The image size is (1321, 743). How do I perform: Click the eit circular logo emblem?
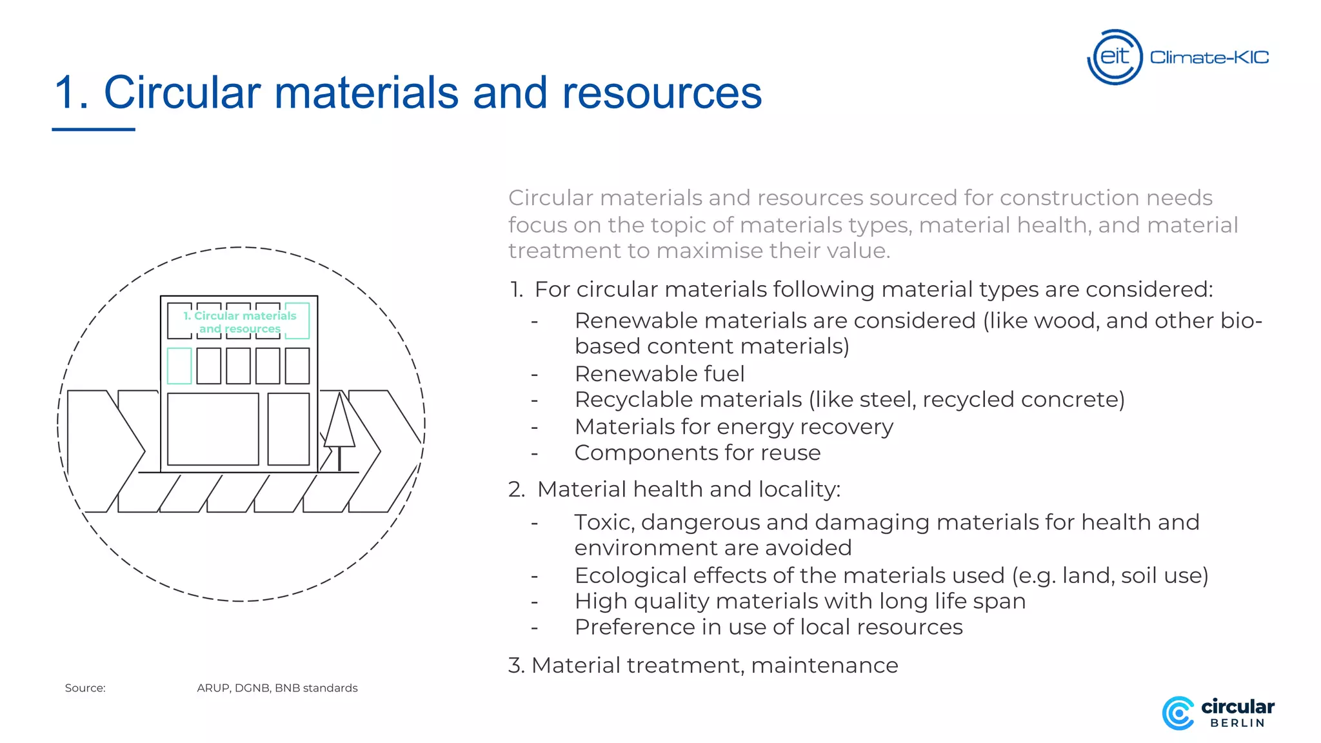(1115, 57)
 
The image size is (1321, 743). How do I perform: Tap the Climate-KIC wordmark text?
(1209, 58)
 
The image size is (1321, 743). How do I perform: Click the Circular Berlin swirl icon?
(1178, 713)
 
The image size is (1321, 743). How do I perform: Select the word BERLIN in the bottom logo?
(1237, 724)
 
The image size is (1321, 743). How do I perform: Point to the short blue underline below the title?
(94, 130)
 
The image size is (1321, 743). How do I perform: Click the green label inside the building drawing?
(239, 322)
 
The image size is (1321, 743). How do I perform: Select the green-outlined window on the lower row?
(179, 366)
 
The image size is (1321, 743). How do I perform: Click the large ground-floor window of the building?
(213, 429)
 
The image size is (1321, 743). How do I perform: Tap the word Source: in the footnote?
(85, 688)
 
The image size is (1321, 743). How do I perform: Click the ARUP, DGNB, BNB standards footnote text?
(277, 688)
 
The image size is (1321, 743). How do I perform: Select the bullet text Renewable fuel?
(659, 373)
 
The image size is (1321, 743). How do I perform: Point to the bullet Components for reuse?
(697, 453)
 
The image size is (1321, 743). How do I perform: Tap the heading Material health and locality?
(688, 490)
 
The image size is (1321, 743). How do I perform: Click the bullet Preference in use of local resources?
(768, 627)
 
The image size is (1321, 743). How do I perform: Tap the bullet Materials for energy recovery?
(733, 427)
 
